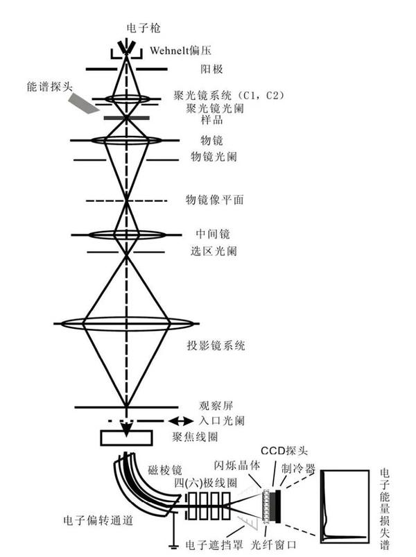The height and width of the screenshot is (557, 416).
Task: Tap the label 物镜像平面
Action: point(214,200)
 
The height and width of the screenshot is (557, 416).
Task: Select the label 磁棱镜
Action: point(166,469)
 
